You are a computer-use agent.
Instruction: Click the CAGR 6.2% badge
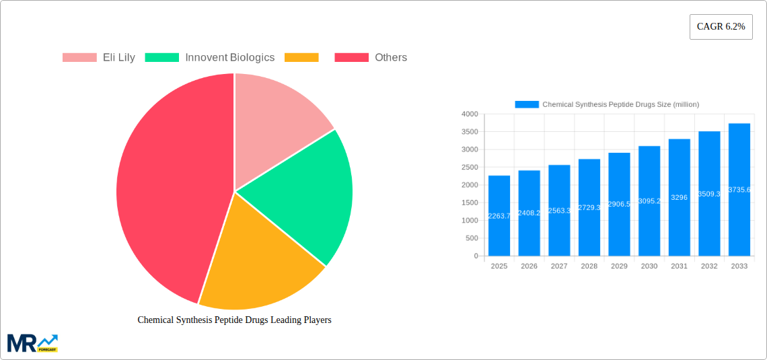(721, 26)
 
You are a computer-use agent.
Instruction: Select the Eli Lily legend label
(118, 58)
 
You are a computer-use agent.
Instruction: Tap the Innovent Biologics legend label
(229, 58)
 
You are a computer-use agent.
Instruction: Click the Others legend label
(390, 58)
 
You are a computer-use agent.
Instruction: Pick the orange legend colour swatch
(301, 58)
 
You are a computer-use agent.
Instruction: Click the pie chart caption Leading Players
(234, 320)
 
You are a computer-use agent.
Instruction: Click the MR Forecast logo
(32, 343)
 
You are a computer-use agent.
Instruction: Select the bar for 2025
(499, 215)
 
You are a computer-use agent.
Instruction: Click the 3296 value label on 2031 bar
(680, 198)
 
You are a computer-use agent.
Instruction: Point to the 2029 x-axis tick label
(619, 266)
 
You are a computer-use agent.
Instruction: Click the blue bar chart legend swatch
(527, 104)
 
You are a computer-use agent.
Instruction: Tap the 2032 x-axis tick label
(709, 266)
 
